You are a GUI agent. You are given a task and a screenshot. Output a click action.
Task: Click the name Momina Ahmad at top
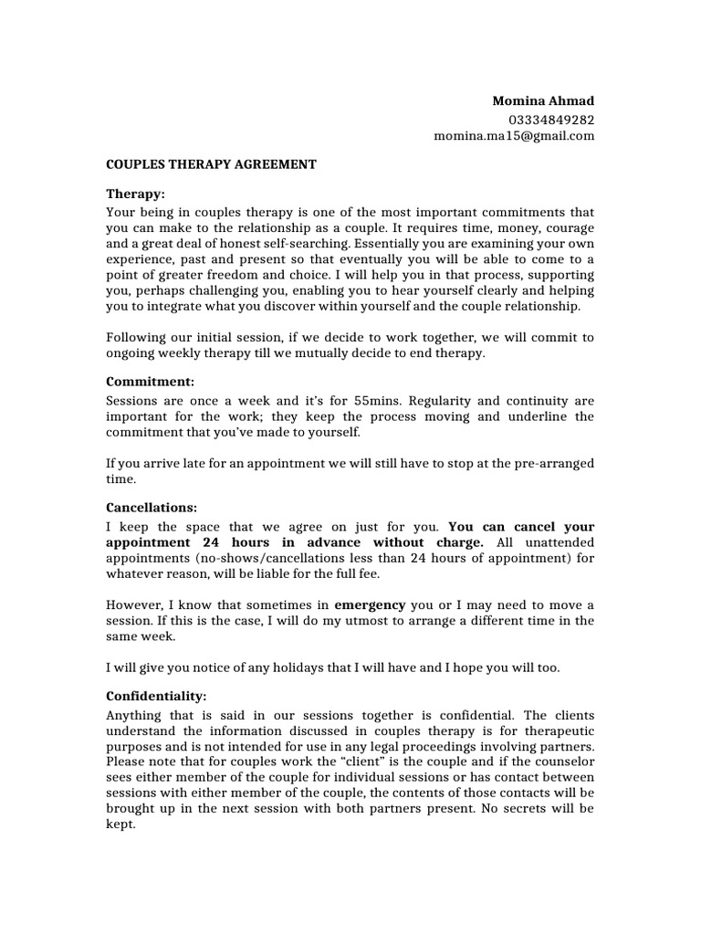pos(543,100)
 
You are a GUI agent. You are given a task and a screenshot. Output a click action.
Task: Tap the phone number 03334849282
pos(551,119)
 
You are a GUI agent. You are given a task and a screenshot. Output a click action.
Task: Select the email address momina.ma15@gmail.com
pos(514,136)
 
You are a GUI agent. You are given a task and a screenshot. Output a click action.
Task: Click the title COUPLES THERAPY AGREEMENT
pos(212,164)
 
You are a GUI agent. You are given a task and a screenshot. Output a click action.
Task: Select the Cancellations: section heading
pos(152,507)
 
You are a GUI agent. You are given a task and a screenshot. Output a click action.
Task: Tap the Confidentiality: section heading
pos(156,694)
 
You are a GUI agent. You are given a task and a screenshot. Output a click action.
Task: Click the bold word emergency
pos(370,604)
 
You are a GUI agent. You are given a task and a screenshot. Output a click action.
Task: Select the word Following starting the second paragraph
pos(137,338)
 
